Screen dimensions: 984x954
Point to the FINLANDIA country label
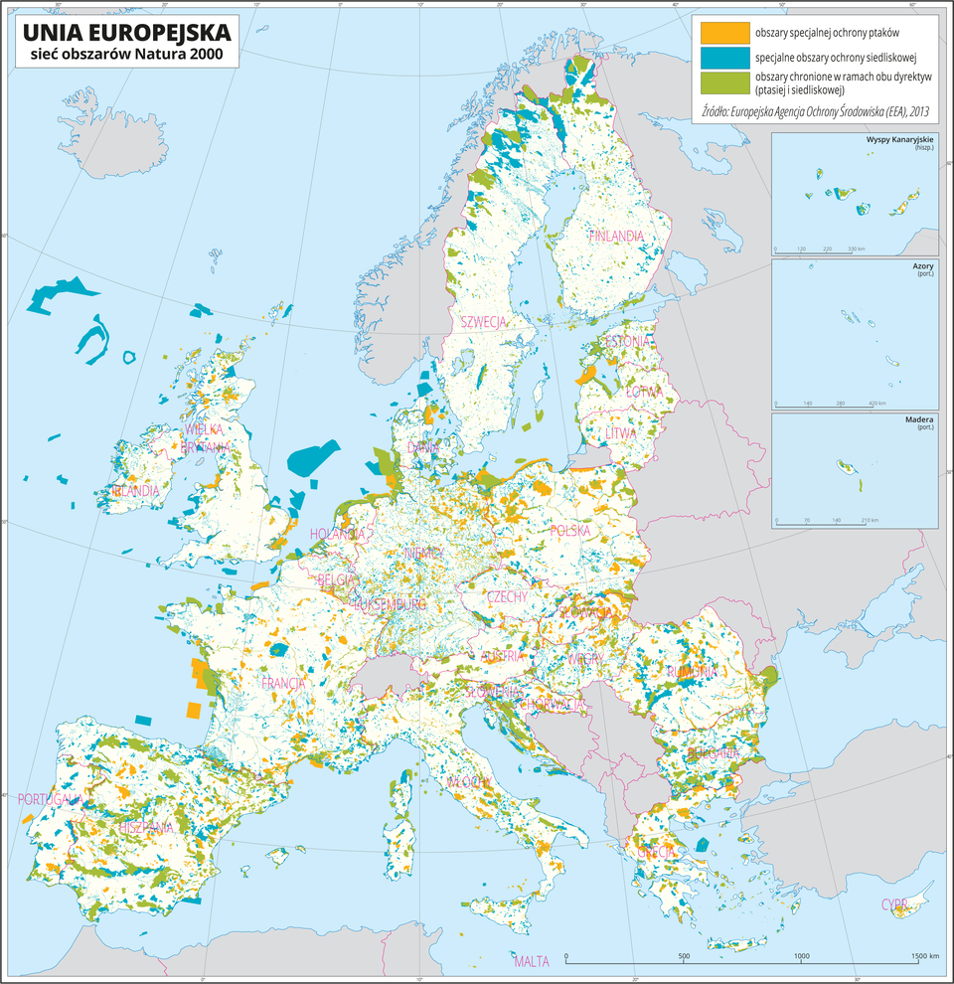[x=616, y=237]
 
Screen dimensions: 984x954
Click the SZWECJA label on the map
[x=484, y=321]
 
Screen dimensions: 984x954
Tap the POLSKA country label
[x=569, y=531]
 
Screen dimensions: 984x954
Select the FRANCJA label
[x=282, y=684]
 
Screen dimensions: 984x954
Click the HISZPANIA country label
[x=146, y=827]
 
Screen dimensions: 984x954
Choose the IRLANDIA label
[x=136, y=491]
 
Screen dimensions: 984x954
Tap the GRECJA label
[x=657, y=853]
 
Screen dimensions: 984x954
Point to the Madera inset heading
[x=919, y=419]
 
